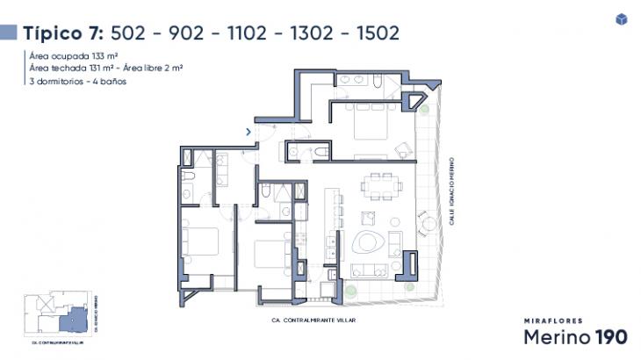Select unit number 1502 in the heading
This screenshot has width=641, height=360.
coord(373,33)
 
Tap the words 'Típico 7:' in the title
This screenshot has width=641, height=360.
coord(64,33)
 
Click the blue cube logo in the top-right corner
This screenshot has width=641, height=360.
coord(622,19)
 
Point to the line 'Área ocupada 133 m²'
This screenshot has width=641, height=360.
coord(74,54)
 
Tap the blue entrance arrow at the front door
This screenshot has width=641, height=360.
coord(249,132)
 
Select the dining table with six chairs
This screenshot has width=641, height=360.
coord(381,187)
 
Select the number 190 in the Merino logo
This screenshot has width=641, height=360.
coord(609,336)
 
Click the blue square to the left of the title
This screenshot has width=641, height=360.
coord(9,33)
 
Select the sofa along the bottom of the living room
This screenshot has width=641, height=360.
coord(370,270)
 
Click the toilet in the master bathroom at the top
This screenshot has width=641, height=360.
coord(376,82)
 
